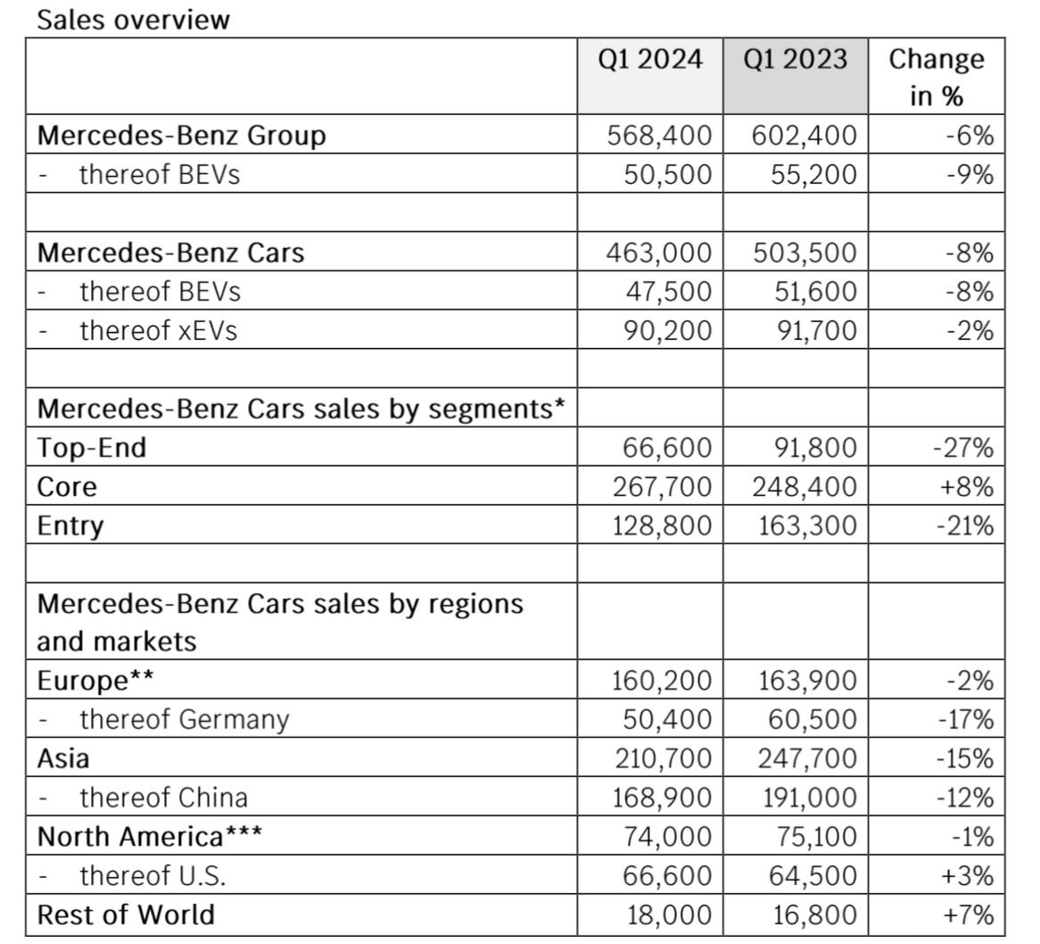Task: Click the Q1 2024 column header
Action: click(649, 59)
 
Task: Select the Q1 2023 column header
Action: click(796, 59)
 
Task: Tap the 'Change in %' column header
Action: click(937, 77)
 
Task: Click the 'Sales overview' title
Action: click(133, 20)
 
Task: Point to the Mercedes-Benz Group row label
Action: click(182, 136)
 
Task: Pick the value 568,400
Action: click(659, 136)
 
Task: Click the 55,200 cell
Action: click(813, 175)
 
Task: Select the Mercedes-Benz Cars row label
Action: click(170, 253)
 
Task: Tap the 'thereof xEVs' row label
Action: click(159, 330)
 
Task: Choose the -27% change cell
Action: click(963, 448)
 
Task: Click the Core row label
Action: click(67, 487)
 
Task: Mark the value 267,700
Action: click(662, 487)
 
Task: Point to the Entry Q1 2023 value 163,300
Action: click(808, 526)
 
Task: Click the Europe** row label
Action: click(95, 681)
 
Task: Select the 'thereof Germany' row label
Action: click(185, 720)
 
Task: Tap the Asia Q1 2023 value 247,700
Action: click(808, 758)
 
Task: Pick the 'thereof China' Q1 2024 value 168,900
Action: click(662, 798)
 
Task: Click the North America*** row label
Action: click(150, 837)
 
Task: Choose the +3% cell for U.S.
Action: click(967, 875)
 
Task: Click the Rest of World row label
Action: click(126, 915)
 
